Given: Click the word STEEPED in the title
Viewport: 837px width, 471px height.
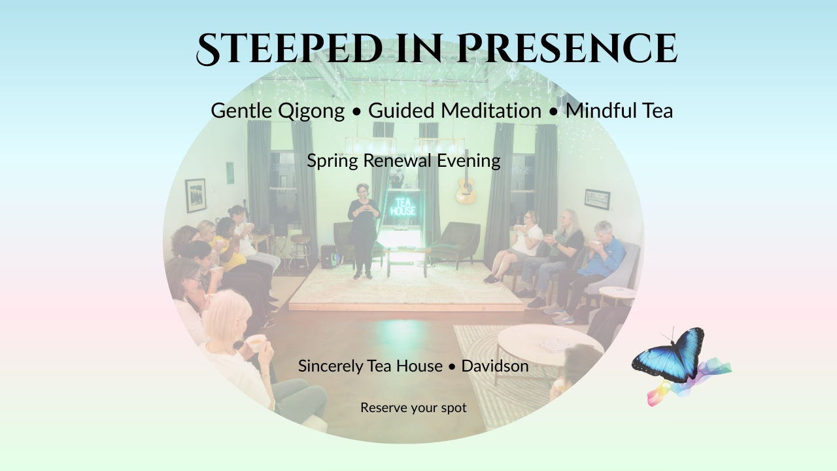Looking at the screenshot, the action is [289, 49].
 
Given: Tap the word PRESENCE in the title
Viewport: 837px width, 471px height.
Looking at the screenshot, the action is [567, 48].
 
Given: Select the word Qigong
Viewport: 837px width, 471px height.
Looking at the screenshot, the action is [311, 111].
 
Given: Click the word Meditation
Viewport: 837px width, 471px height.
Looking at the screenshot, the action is [491, 111].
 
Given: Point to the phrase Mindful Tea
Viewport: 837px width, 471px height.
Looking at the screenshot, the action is [619, 111].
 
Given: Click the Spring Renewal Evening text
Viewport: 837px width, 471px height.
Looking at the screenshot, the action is [403, 161].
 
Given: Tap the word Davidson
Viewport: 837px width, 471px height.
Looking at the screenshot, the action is [495, 366].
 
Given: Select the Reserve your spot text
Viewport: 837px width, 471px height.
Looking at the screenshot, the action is [413, 408].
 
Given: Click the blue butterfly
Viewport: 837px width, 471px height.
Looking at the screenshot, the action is [668, 357].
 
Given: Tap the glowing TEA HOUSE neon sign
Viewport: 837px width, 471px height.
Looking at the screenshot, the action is [403, 207].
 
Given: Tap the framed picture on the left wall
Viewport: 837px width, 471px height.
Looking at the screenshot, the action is [196, 196].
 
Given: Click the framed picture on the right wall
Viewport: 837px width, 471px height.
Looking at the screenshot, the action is [597, 200].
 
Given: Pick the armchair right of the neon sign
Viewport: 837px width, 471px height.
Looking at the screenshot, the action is [456, 243].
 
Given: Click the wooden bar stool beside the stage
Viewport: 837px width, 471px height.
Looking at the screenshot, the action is [301, 251].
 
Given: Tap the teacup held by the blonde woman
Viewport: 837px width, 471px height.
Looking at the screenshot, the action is [256, 342].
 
